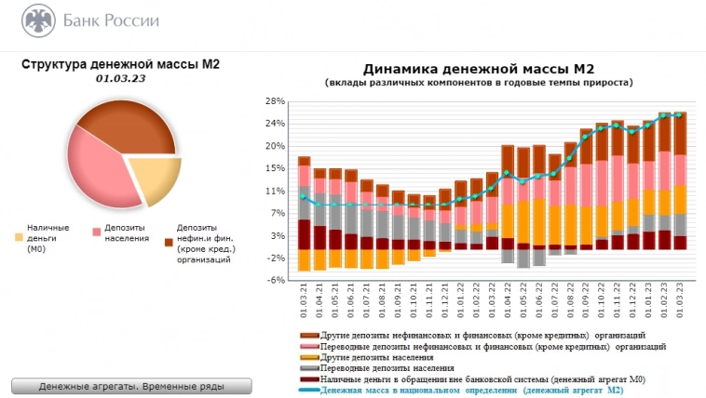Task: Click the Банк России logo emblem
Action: click(37, 20)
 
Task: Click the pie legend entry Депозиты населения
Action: click(126, 232)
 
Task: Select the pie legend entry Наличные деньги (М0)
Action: click(48, 237)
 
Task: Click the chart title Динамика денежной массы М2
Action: click(478, 69)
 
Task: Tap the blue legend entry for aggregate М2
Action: click(470, 391)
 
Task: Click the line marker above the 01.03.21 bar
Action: click(304, 197)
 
